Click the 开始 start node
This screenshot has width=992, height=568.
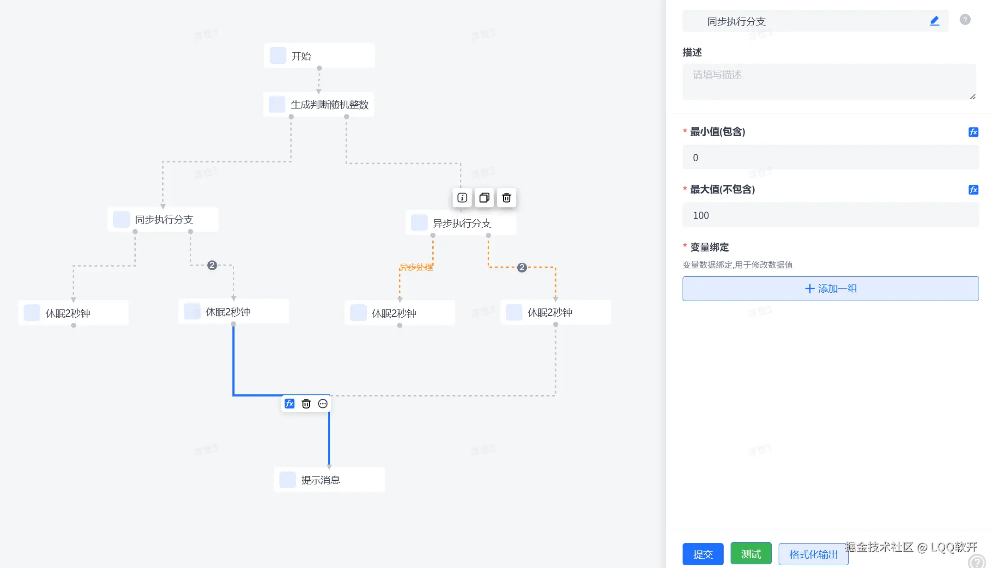pos(319,56)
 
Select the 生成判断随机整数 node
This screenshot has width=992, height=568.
pos(319,105)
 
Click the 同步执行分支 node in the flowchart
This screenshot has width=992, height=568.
pos(163,220)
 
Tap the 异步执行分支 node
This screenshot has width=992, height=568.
pos(461,224)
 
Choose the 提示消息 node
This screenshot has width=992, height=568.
pos(329,480)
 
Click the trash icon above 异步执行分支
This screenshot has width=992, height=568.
pos(507,198)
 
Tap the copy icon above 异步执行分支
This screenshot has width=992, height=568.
pos(484,198)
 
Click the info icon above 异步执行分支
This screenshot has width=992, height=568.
pos(462,198)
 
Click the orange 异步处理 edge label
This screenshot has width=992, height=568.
pos(416,267)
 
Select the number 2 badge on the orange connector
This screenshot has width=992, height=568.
pos(522,267)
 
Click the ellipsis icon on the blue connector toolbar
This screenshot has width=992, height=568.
pos(323,404)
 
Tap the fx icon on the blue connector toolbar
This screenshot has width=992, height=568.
pos(290,404)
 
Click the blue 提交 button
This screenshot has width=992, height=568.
pos(703,554)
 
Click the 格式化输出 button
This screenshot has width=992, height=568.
pos(813,554)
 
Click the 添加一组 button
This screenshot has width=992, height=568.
pos(830,289)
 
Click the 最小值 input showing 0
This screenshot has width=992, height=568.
pos(830,158)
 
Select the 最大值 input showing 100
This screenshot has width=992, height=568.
pos(830,216)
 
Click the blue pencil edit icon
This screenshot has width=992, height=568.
pos(934,21)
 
